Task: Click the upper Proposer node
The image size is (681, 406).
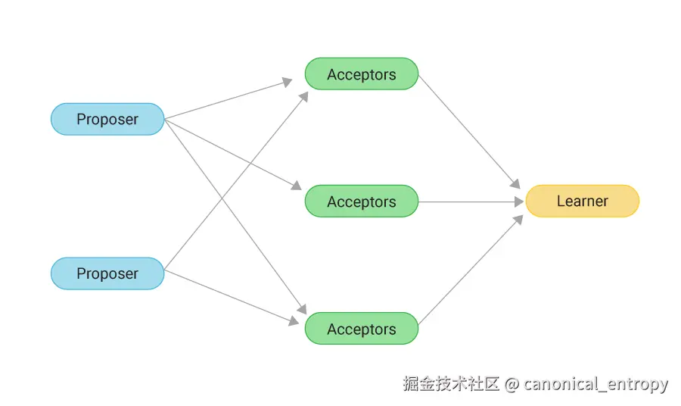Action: click(107, 119)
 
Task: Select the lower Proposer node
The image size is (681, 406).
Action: click(107, 273)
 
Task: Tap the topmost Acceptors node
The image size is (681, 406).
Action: click(362, 74)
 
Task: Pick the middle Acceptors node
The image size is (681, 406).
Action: click(362, 201)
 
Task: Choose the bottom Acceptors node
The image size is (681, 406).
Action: click(362, 329)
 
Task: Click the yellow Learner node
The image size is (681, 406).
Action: click(582, 201)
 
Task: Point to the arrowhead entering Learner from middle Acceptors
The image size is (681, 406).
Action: click(518, 202)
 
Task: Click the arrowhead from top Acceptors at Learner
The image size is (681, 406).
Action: click(515, 184)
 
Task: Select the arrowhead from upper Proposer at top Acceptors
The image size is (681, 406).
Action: click(288, 82)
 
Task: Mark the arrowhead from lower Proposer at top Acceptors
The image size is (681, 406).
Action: click(303, 95)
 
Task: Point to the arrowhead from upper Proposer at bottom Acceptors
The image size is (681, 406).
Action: click(301, 309)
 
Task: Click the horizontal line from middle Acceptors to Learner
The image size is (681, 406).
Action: click(469, 202)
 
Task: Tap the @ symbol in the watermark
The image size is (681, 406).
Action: click(512, 384)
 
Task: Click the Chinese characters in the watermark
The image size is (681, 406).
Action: click(451, 383)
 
